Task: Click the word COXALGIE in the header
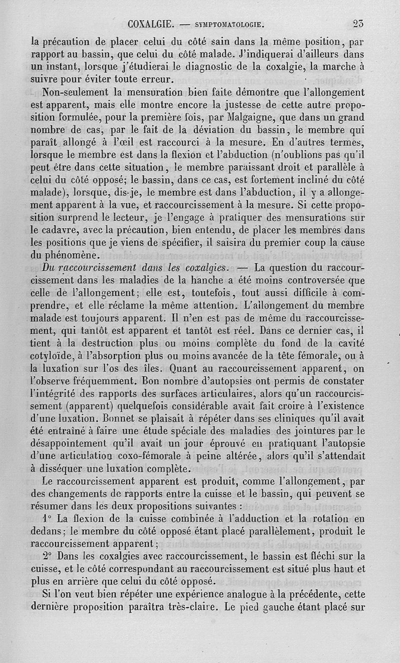point(150,23)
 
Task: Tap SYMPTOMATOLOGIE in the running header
point(228,24)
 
